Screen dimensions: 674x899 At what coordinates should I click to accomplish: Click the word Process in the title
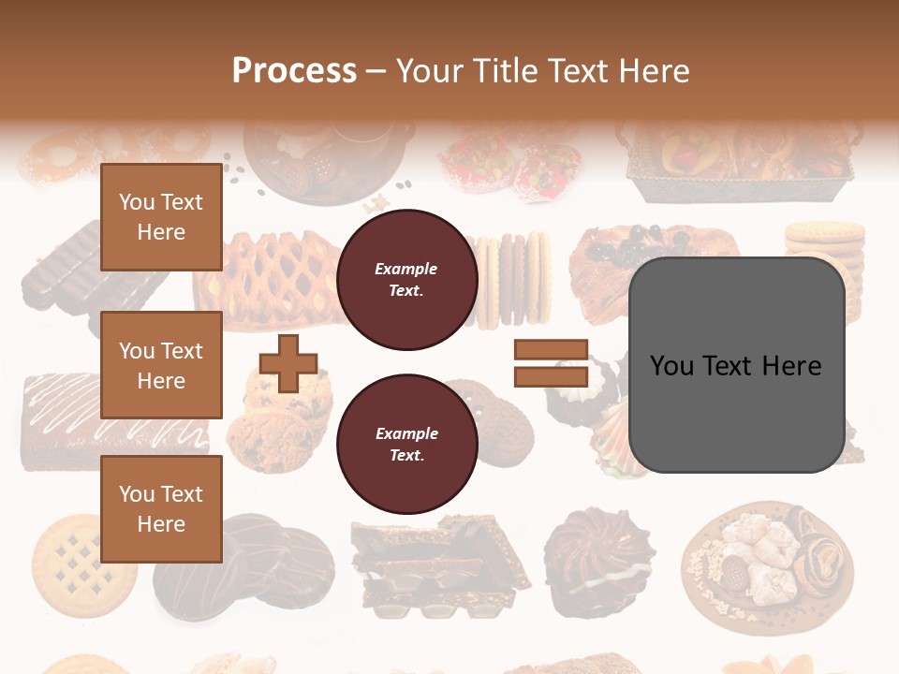(x=294, y=70)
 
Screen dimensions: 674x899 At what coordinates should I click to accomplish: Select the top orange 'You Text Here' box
(x=161, y=217)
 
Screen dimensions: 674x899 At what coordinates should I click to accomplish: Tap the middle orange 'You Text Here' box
(x=161, y=365)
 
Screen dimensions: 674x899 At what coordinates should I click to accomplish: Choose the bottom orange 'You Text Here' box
(x=161, y=509)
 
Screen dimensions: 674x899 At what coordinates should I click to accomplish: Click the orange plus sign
(x=288, y=363)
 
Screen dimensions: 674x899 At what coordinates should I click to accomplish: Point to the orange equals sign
(x=551, y=363)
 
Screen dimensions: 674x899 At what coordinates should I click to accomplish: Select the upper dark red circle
(x=406, y=280)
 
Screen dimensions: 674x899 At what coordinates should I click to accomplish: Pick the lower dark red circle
(x=406, y=445)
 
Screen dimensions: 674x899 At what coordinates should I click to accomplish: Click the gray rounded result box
(x=736, y=365)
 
